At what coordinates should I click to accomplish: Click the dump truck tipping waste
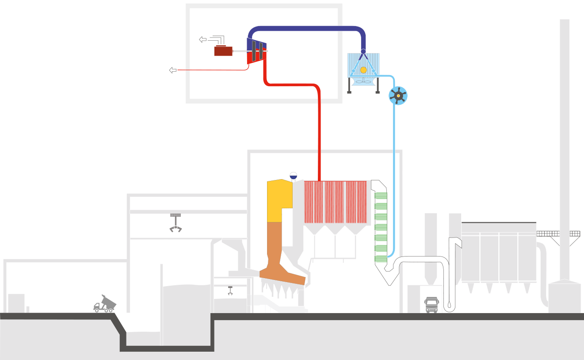click(105, 304)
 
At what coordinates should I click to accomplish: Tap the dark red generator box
click(223, 51)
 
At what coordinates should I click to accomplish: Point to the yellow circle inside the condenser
click(363, 70)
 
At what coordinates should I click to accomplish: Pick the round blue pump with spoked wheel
click(398, 96)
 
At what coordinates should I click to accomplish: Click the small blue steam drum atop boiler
click(293, 175)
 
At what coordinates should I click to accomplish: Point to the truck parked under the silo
click(431, 305)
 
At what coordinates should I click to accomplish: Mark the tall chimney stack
click(565, 133)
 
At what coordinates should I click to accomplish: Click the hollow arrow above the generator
click(203, 40)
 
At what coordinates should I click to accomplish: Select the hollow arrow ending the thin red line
click(173, 70)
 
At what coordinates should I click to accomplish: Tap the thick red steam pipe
click(319, 133)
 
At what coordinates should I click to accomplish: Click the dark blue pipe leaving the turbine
click(309, 29)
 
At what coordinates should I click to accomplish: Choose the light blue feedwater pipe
click(394, 177)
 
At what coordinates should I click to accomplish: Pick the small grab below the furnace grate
click(230, 291)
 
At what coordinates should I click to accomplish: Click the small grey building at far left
click(16, 303)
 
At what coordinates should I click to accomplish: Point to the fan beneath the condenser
click(363, 81)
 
